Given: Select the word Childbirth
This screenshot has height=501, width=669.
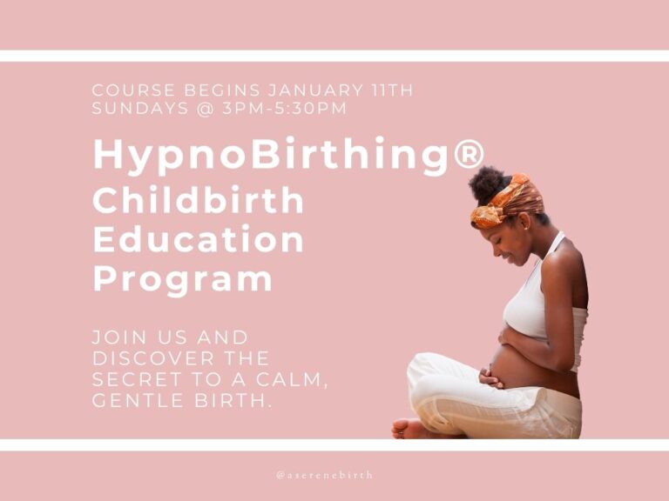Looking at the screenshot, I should (199, 201).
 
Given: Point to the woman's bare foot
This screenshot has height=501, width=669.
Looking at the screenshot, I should (411, 428).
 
